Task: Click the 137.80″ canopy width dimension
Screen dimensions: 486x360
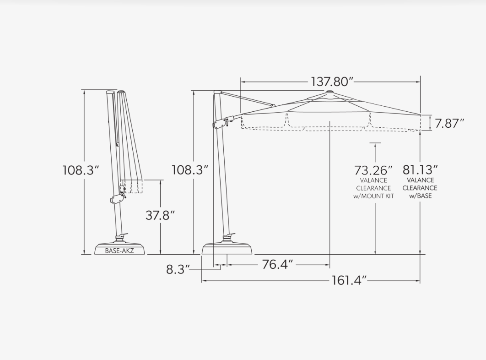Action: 332,82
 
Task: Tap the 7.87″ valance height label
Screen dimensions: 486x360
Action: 449,124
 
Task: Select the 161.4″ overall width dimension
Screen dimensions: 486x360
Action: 349,281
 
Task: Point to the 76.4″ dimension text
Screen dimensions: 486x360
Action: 277,265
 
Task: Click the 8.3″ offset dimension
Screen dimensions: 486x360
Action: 178,269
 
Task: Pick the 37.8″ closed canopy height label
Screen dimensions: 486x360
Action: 160,215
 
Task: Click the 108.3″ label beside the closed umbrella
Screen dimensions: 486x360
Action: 81,170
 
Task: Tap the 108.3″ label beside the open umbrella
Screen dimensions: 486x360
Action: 190,170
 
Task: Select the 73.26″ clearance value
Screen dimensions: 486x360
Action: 373,170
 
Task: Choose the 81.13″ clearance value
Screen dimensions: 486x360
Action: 420,170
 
